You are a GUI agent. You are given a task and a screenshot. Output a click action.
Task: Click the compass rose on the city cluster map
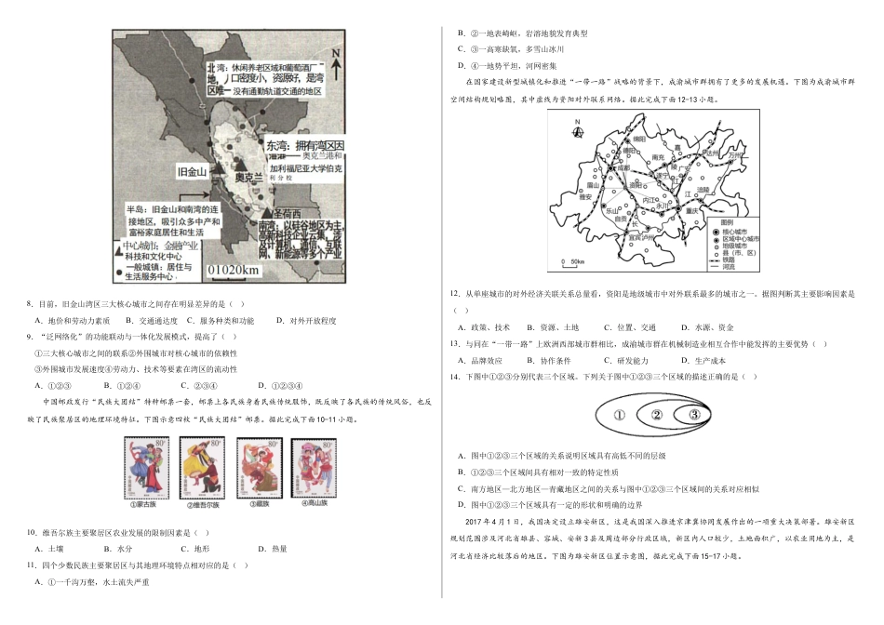579,129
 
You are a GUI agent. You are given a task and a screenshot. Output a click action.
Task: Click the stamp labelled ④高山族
312,470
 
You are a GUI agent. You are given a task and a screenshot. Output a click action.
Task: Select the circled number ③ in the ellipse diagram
694,415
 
